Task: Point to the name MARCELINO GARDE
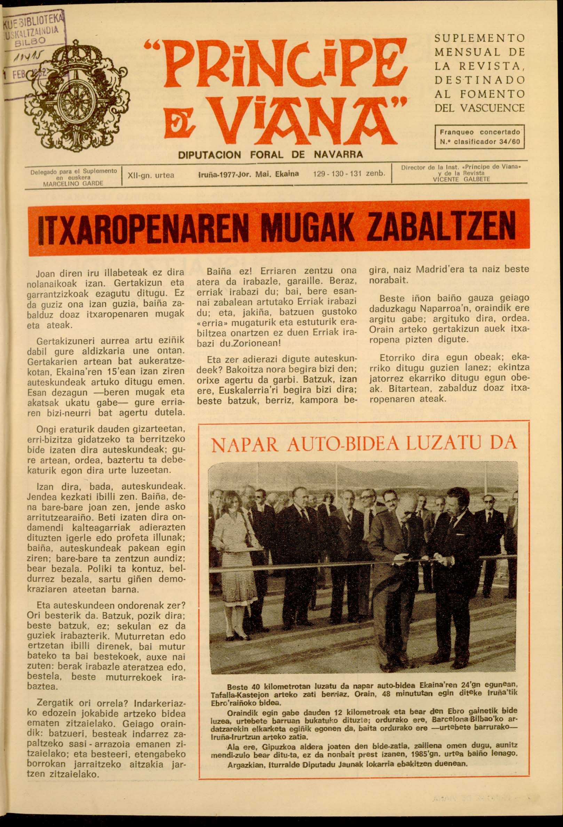pyautogui.click(x=73, y=183)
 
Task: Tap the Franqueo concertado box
pyautogui.click(x=479, y=136)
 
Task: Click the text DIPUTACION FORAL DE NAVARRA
pyautogui.click(x=270, y=154)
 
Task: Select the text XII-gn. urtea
pyautogui.click(x=151, y=175)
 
